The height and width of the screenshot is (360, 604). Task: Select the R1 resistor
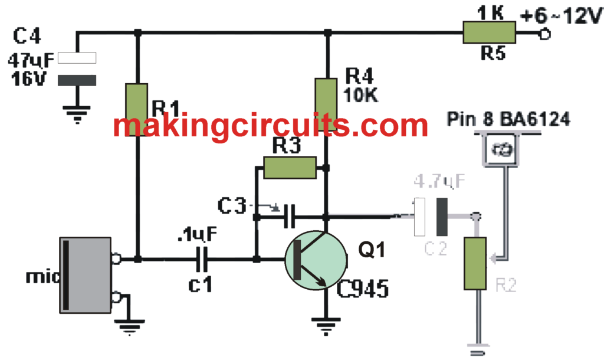[x=138, y=110]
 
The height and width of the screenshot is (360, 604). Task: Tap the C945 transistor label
[x=363, y=289]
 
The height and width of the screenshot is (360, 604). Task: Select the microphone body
[x=86, y=275]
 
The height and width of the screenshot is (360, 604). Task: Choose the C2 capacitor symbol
[x=433, y=217]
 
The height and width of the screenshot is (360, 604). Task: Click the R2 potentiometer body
[x=475, y=263]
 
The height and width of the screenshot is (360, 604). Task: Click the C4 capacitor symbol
[x=78, y=70]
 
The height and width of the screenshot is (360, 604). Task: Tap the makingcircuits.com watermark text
[x=270, y=126]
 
